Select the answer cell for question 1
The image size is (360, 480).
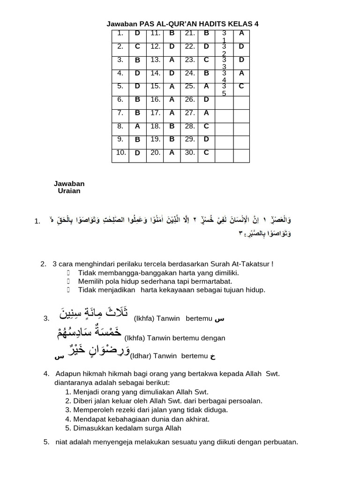click(137, 34)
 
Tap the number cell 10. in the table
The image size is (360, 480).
click(120, 152)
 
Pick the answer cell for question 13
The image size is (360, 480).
click(172, 60)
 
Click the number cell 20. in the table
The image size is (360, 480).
click(155, 152)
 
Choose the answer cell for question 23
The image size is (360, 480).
click(206, 60)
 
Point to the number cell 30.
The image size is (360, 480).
click(189, 152)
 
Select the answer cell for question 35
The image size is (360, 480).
click(241, 86)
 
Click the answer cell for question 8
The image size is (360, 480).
click(137, 126)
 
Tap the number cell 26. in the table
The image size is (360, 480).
click(189, 99)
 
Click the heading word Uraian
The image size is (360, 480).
click(69, 191)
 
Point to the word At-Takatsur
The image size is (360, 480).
click(251, 264)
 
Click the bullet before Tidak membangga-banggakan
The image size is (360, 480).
click(68, 273)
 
